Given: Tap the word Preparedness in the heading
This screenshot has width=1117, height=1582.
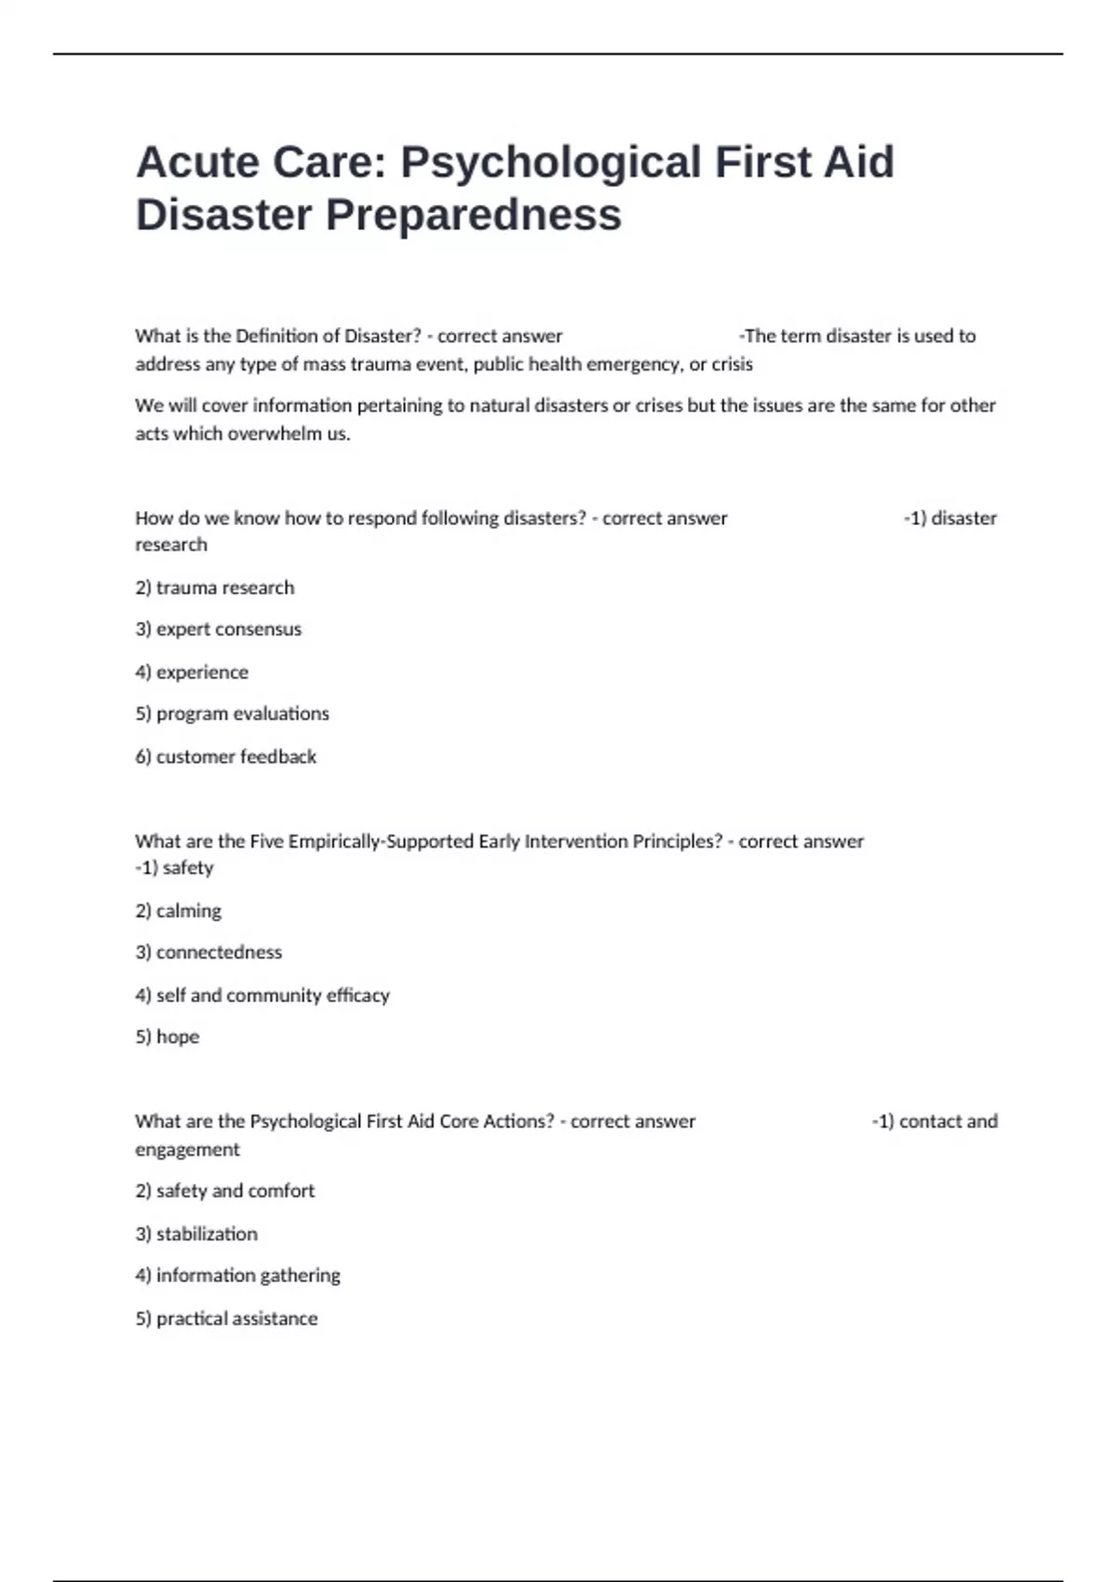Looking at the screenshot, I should point(473,215).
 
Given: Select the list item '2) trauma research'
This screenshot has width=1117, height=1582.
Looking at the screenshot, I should point(214,587).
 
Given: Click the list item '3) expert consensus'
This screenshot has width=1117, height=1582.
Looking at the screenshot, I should point(218,629).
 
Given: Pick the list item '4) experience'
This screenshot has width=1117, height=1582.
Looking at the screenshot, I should point(192,672).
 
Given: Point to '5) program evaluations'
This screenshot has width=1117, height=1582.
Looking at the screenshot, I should point(232,714).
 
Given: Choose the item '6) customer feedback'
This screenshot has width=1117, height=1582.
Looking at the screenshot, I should point(225,757).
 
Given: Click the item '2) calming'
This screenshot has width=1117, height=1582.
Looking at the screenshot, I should point(178,910).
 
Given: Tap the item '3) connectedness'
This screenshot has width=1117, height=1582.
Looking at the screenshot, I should point(209,952).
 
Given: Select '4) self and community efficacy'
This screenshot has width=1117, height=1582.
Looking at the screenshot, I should point(262,995).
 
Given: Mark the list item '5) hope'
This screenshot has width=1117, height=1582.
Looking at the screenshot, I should point(167,1037).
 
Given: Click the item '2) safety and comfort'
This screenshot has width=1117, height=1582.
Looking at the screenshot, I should point(224,1190).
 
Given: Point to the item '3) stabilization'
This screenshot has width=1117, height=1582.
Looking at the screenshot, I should point(195,1233).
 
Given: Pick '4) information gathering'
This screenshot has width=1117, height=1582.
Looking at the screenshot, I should point(237,1275).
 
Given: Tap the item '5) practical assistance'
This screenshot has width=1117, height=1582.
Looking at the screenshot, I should point(226,1318).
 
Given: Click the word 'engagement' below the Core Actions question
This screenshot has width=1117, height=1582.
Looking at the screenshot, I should point(187,1149).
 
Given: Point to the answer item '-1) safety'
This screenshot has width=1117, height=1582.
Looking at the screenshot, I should point(174,867).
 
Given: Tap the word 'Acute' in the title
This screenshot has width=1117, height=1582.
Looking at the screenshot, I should point(196,163).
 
